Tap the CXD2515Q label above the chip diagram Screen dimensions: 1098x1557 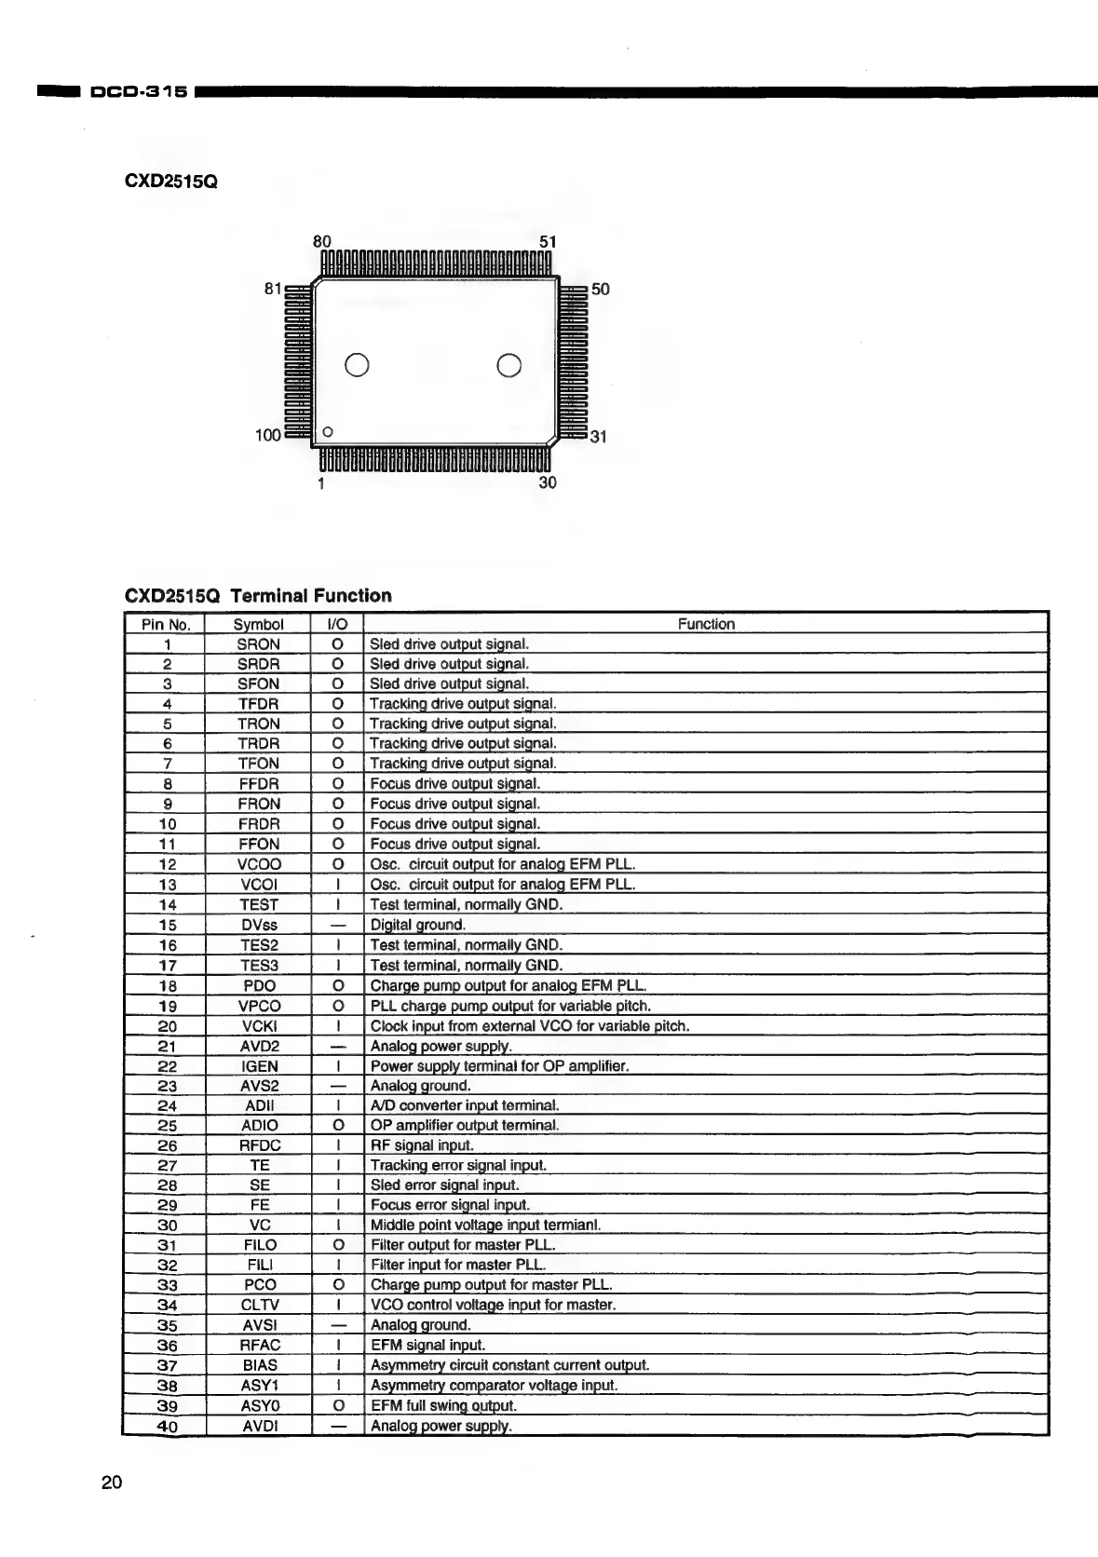point(170,181)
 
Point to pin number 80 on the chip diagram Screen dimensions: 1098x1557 point(322,241)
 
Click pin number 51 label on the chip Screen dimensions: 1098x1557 point(548,241)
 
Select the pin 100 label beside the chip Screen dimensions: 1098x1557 point(267,435)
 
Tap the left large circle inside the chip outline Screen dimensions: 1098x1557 point(358,365)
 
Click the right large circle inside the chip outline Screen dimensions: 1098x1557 point(509,365)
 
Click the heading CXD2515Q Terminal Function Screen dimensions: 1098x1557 point(258,596)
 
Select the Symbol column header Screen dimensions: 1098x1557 point(258,624)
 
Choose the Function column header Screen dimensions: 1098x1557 point(706,624)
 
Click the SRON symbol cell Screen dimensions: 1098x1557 point(258,644)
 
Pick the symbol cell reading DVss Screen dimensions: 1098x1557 point(258,925)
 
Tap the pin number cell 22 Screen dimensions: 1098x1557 point(167,1065)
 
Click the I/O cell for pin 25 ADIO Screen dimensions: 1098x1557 point(338,1125)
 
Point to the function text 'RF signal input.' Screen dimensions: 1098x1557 point(422,1145)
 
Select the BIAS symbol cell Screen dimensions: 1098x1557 point(258,1365)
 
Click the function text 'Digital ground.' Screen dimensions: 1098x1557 point(417,925)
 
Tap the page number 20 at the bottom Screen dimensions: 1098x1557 point(112,1483)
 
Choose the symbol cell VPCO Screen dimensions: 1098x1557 point(258,1006)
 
